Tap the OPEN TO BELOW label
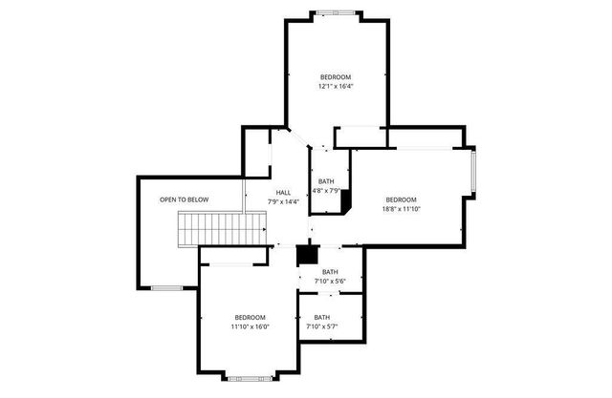point(184,199)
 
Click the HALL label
point(283,192)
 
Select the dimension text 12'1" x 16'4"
point(336,86)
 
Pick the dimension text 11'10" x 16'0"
point(250,326)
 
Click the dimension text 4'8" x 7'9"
point(327,190)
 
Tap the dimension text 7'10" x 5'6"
point(330,281)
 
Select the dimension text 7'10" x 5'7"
point(322,326)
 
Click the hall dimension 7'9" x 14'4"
point(283,201)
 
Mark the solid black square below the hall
point(306,255)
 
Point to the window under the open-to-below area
point(166,287)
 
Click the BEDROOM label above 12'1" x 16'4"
point(336,76)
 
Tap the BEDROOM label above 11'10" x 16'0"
point(250,317)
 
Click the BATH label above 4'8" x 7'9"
point(327,180)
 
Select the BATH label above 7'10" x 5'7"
point(322,317)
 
